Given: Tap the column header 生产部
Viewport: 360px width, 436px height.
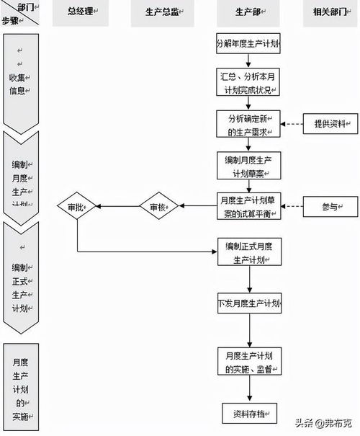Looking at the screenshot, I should (248, 12).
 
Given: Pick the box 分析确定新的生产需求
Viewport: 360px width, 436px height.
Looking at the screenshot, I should (248, 124).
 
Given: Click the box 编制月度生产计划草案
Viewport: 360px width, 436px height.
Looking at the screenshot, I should (248, 165).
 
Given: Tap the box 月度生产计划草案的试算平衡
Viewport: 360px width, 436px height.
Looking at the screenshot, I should (248, 206).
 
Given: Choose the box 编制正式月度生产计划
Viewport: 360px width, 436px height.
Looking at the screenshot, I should (248, 253).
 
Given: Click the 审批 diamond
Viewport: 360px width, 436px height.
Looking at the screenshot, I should (77, 207).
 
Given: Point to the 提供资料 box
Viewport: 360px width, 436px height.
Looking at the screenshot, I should (328, 124).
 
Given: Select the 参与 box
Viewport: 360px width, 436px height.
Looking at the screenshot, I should (328, 207).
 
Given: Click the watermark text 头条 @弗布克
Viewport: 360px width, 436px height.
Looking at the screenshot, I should (324, 422).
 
